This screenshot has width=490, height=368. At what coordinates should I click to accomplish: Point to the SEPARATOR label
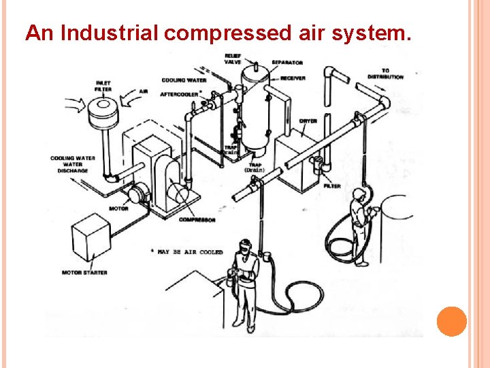[287, 63]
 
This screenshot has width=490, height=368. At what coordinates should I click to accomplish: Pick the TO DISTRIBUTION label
[385, 74]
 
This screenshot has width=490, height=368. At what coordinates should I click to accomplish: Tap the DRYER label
[308, 121]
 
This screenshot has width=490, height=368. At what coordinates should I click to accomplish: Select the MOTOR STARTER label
[86, 272]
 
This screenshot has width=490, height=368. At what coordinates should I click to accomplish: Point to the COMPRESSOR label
[197, 219]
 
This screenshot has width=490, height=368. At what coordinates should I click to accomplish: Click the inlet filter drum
[104, 115]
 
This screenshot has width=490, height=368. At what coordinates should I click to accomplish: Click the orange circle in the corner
[451, 322]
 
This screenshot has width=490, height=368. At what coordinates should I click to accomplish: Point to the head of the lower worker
[246, 247]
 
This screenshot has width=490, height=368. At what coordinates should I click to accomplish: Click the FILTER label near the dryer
[332, 185]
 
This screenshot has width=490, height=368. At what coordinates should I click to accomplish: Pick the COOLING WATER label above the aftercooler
[184, 80]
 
